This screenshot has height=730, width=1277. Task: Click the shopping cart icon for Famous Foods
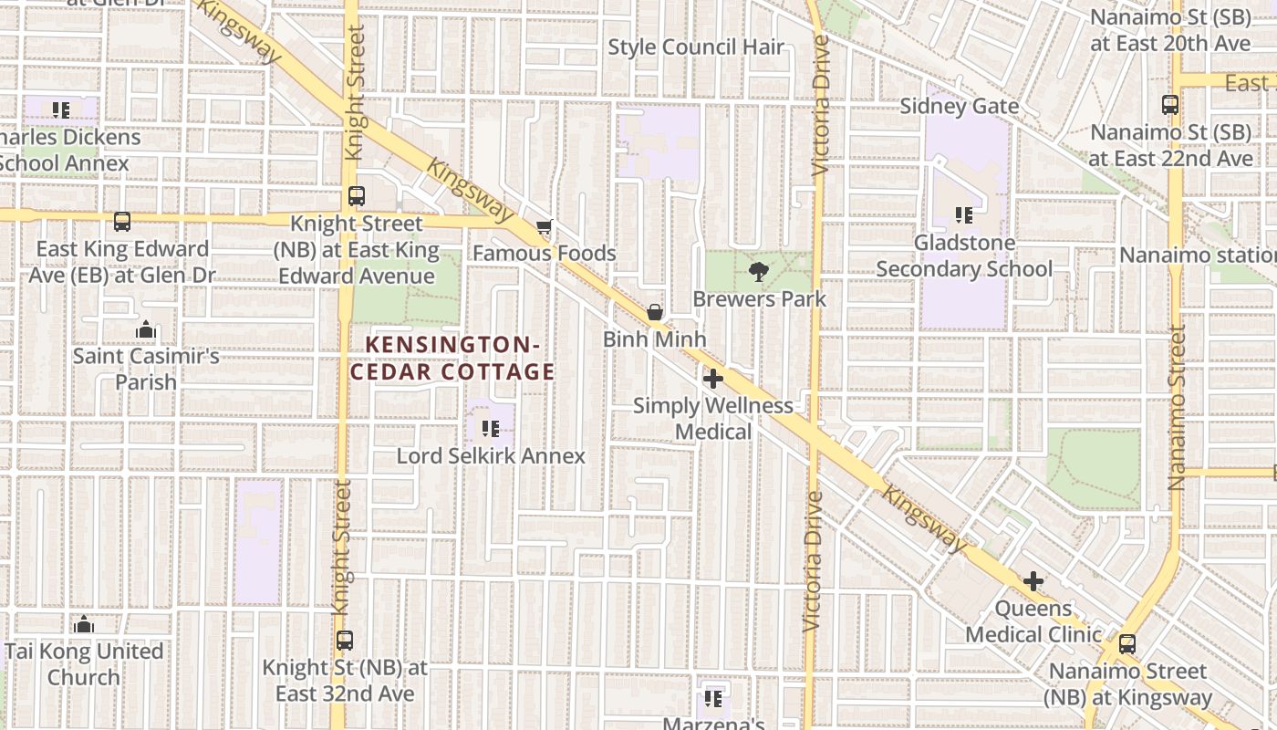[x=545, y=227]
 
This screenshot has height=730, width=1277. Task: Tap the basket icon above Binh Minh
[x=654, y=312]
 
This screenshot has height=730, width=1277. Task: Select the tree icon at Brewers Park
[x=757, y=271]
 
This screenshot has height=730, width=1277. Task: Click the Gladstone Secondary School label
[x=964, y=256]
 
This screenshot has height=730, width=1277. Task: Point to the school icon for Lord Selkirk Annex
[x=490, y=428]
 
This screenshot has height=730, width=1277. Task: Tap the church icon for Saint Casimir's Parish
[x=146, y=329]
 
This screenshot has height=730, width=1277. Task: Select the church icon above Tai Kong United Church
[x=84, y=625]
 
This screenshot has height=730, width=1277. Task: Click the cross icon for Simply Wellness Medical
[x=713, y=379]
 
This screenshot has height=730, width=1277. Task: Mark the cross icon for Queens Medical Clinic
[x=1033, y=581]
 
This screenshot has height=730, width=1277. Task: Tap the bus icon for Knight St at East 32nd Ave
[x=344, y=641]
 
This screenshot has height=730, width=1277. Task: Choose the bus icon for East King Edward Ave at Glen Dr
[x=121, y=222]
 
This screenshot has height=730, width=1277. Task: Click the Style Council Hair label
[x=696, y=47]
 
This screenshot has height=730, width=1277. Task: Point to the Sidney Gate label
[x=959, y=107]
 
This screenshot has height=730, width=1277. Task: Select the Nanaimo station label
[x=1198, y=255]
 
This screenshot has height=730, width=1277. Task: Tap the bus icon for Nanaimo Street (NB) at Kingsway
[x=1127, y=644]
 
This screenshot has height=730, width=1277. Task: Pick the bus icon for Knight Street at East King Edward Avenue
[x=356, y=196]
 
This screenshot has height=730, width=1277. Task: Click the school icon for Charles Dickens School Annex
[x=61, y=111]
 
